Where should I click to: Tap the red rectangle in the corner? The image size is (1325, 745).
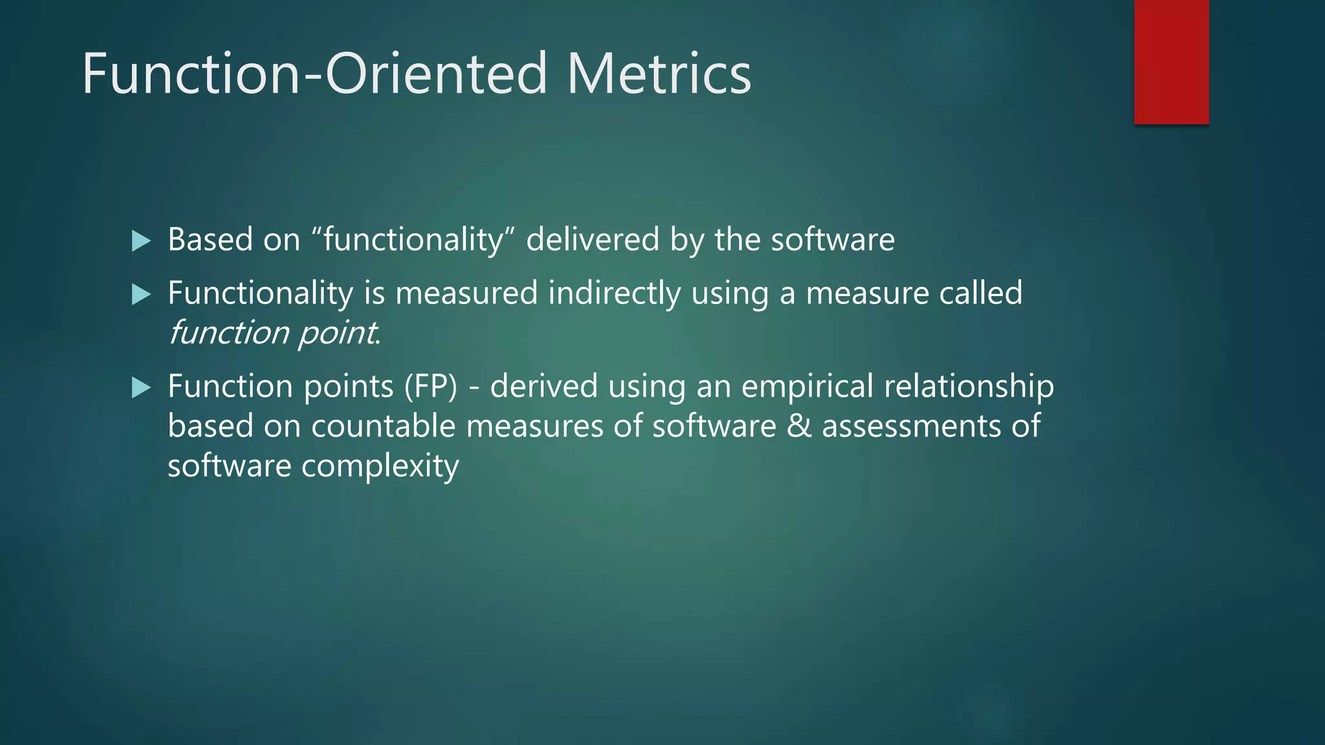[x=1171, y=61]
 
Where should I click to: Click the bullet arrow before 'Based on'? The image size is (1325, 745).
[x=140, y=241]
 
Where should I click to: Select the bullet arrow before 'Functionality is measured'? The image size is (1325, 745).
[x=140, y=295]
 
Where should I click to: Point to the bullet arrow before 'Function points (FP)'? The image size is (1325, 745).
[x=140, y=388]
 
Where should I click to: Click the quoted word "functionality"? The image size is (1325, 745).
[x=413, y=240]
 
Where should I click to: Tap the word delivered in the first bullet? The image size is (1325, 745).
[x=592, y=240]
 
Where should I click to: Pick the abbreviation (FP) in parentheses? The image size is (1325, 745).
[x=431, y=387]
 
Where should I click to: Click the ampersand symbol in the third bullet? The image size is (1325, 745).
[x=798, y=427]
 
